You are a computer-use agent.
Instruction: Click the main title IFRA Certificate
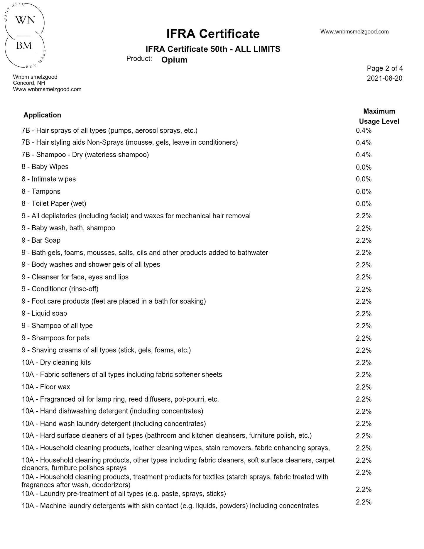pyautogui.click(x=213, y=34)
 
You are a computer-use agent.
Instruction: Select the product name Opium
pyautogui.click(x=174, y=60)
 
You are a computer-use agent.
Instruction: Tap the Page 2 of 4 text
pyautogui.click(x=385, y=68)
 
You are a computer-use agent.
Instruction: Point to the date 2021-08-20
pyautogui.click(x=384, y=78)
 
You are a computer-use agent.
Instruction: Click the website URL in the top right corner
pyautogui.click(x=354, y=32)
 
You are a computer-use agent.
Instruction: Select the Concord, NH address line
pyautogui.click(x=29, y=83)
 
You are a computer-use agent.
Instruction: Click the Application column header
pyautogui.click(x=42, y=115)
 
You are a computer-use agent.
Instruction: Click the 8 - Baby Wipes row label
pyautogui.click(x=45, y=167)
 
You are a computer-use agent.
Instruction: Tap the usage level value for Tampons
pyautogui.click(x=364, y=192)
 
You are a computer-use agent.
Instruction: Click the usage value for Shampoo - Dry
pyautogui.click(x=364, y=155)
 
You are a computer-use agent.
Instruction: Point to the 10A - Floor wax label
pyautogui.click(x=46, y=387)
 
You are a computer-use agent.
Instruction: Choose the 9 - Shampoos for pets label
pyautogui.click(x=55, y=338)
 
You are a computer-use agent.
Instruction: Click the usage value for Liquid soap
pyautogui.click(x=364, y=314)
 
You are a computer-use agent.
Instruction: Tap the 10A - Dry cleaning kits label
pyautogui.click(x=56, y=362)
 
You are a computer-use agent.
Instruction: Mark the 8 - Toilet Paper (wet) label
pyautogui.click(x=54, y=204)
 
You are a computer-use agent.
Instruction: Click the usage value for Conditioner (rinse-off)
pyautogui.click(x=364, y=289)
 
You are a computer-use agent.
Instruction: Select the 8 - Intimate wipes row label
pyautogui.click(x=48, y=179)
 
